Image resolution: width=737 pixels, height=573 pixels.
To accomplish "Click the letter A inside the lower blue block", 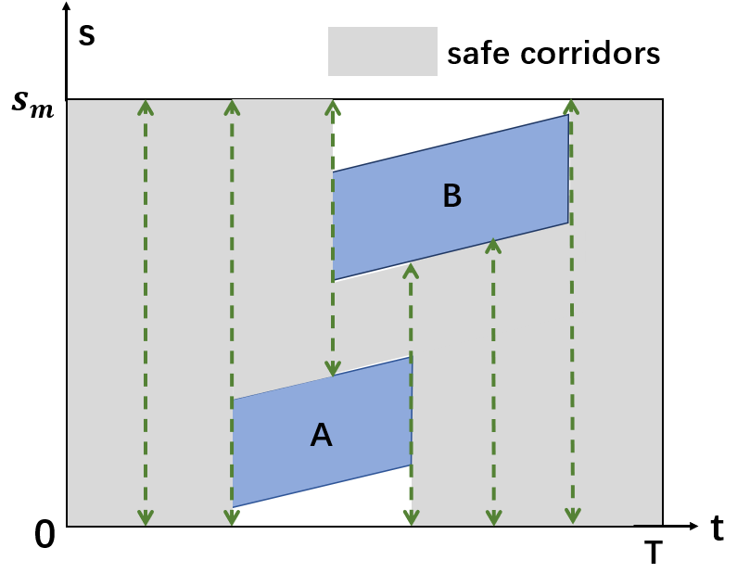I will coord(321,434).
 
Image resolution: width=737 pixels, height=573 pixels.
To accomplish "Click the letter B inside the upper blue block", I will coord(451,196).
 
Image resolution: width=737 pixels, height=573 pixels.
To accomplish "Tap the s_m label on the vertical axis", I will coord(32,99).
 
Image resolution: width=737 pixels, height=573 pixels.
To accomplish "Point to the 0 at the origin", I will coord(44,536).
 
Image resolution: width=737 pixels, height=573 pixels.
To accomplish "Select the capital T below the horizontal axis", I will coord(654,554).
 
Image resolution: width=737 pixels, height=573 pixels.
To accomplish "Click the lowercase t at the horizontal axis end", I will coord(717,528).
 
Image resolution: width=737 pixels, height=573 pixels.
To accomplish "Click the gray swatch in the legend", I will coord(382,51).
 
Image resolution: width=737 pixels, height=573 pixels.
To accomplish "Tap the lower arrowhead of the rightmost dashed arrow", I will coord(574,516).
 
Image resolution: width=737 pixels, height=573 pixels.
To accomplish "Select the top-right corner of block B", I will coord(568,115).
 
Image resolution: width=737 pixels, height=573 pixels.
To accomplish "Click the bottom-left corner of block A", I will coord(233,507).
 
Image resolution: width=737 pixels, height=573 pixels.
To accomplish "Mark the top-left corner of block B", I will coord(334,172).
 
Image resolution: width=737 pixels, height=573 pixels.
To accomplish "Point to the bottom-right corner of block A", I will coord(412,465).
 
